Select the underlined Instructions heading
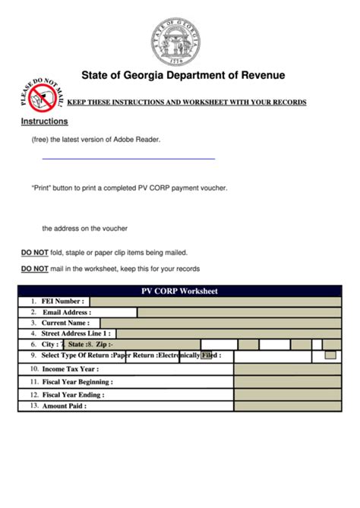[44, 121]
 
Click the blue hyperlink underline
[128, 159]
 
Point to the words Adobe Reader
[136, 140]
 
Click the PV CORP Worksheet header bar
[179, 291]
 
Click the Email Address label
[67, 312]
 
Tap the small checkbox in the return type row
[330, 355]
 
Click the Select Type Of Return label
[76, 355]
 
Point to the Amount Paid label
[65, 406]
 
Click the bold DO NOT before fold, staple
[35, 252]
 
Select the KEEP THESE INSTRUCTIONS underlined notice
[187, 102]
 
